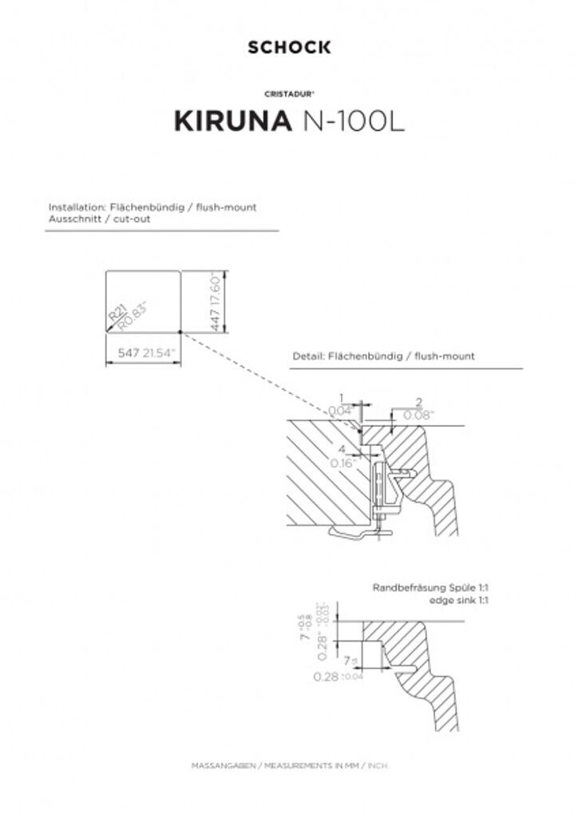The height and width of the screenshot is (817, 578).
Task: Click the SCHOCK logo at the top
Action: [x=289, y=48]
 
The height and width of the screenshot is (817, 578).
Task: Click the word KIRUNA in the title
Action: [x=233, y=121]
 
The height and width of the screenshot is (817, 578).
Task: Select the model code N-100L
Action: [x=354, y=121]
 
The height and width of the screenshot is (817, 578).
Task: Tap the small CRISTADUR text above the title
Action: [x=289, y=93]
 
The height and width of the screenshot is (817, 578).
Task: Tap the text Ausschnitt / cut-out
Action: [x=99, y=218]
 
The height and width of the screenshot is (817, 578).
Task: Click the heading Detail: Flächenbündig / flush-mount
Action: [x=383, y=356]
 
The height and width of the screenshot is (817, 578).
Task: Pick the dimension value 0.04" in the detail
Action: [x=340, y=410]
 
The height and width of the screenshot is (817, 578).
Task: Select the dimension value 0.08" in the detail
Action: [x=418, y=415]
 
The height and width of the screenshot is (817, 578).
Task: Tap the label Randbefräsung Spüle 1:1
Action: [x=430, y=587]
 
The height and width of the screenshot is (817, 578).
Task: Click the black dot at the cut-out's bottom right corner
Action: [x=181, y=331]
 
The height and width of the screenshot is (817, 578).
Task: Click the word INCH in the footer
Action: [x=378, y=765]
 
